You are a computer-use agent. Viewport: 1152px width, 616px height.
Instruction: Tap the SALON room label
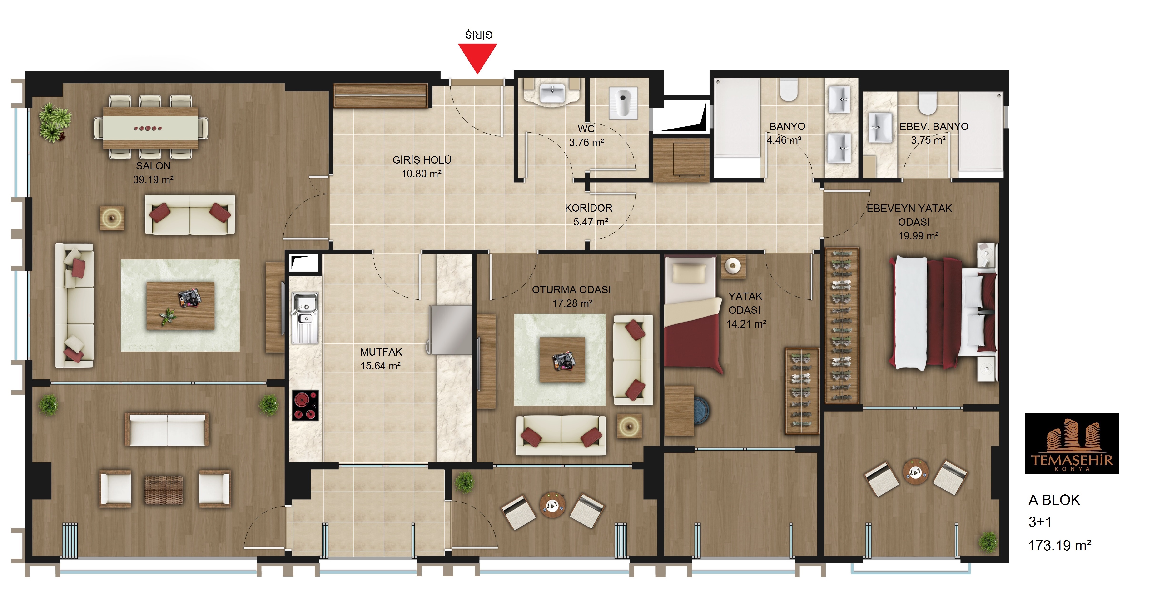pos(153,166)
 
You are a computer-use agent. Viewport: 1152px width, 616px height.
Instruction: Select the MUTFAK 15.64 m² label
pos(381,359)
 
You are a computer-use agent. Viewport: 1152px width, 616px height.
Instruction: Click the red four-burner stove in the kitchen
pos(305,405)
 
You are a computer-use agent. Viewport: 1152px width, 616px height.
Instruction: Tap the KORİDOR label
pos(589,208)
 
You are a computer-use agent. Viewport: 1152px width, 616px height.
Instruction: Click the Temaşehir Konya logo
pos(1072,443)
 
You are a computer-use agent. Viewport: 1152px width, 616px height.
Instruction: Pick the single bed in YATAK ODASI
pos(693,313)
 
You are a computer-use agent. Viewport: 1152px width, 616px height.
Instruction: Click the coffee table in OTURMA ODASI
pos(562,360)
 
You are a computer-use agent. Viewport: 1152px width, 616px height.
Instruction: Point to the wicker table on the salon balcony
pos(164,490)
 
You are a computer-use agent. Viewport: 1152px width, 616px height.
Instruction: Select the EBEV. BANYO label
pos(934,127)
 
